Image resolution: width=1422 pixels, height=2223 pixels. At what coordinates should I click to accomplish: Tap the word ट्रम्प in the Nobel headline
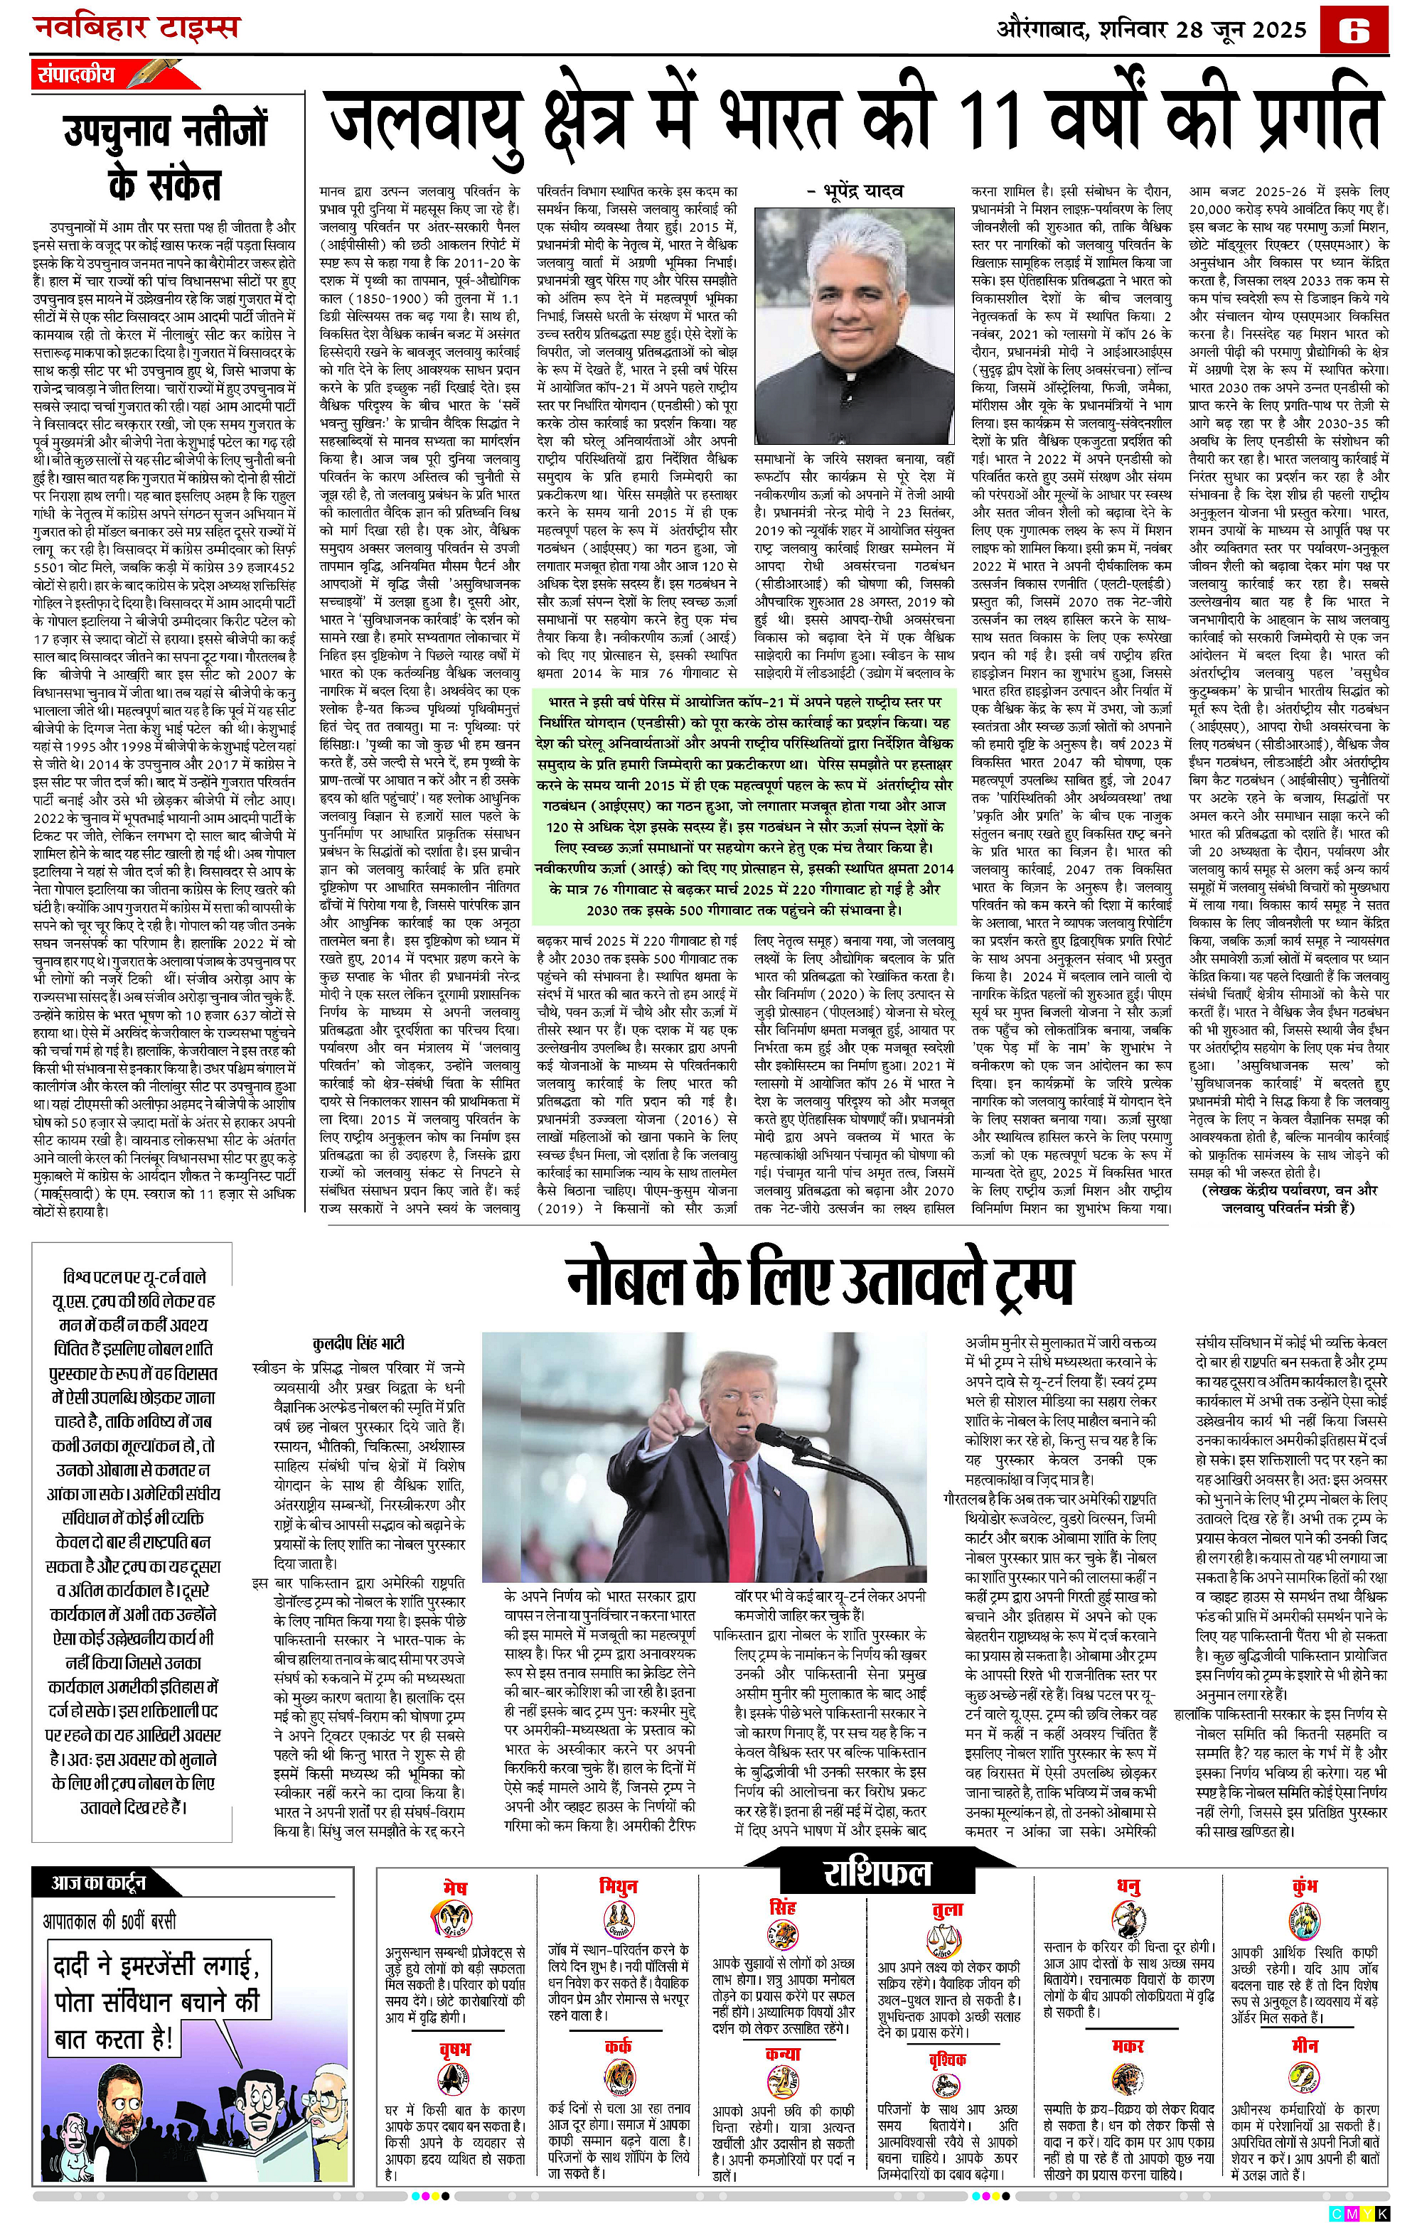(1017, 1281)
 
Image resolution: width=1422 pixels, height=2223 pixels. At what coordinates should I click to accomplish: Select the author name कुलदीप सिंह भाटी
(359, 1343)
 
